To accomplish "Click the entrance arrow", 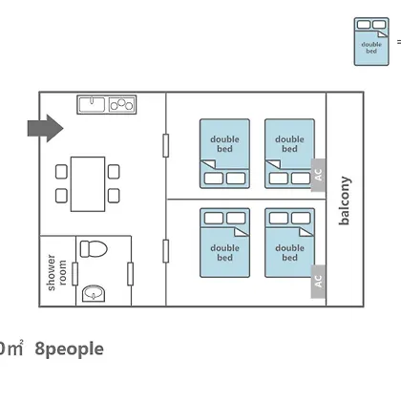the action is [x=46, y=128].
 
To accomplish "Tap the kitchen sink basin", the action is [x=92, y=104].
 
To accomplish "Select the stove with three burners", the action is [x=121, y=104].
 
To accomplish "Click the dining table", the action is [x=88, y=184].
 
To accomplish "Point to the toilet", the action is [x=94, y=249].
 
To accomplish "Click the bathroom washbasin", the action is [x=94, y=293].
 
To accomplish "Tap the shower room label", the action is [x=56, y=272].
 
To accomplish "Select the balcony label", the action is [x=345, y=200].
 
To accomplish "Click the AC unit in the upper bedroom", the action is [x=318, y=175].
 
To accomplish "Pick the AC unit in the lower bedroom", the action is [x=318, y=282].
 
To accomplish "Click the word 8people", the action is [x=70, y=349].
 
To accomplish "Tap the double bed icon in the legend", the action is [x=371, y=42].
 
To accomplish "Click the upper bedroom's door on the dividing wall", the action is [x=166, y=145].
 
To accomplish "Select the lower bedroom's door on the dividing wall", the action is [x=166, y=251].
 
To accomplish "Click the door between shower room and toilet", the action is [x=75, y=274].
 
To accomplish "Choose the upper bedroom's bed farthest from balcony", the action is [x=224, y=154].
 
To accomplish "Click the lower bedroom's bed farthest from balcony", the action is [x=224, y=243].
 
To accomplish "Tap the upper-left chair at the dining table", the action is [x=61, y=172].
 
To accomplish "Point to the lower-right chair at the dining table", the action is [x=114, y=196].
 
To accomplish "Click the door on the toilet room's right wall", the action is [x=130, y=274].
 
